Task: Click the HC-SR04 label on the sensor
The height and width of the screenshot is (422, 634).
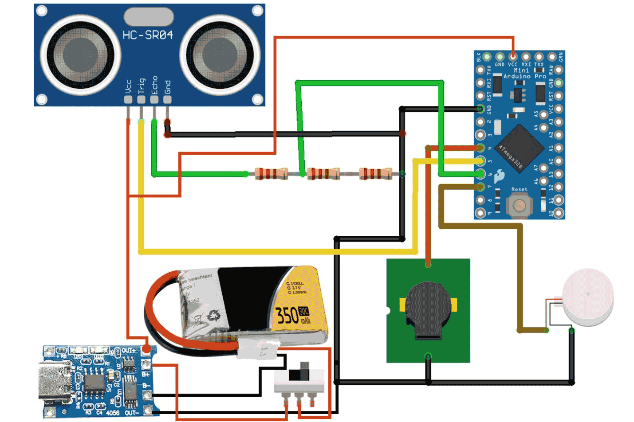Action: click(x=148, y=35)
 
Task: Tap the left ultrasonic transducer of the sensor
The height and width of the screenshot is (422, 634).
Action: click(x=80, y=55)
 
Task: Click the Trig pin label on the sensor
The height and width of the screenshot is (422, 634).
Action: click(x=141, y=86)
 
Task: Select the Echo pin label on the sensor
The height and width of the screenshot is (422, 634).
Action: click(x=154, y=85)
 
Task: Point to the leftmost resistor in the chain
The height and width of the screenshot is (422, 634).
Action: click(x=271, y=173)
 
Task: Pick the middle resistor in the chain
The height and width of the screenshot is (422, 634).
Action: click(x=323, y=173)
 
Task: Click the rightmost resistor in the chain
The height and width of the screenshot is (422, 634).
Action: click(x=375, y=173)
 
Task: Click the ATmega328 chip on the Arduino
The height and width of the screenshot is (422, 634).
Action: click(x=517, y=149)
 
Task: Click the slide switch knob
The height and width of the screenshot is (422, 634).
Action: click(x=304, y=371)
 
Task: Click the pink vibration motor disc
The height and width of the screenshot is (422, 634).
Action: click(x=588, y=295)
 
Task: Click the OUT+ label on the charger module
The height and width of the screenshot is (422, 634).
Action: click(x=129, y=351)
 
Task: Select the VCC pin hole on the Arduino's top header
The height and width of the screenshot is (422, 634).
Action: click(x=512, y=56)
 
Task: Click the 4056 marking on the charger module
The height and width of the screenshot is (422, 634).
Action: click(x=113, y=413)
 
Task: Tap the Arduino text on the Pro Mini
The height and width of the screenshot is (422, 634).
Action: click(x=517, y=76)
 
